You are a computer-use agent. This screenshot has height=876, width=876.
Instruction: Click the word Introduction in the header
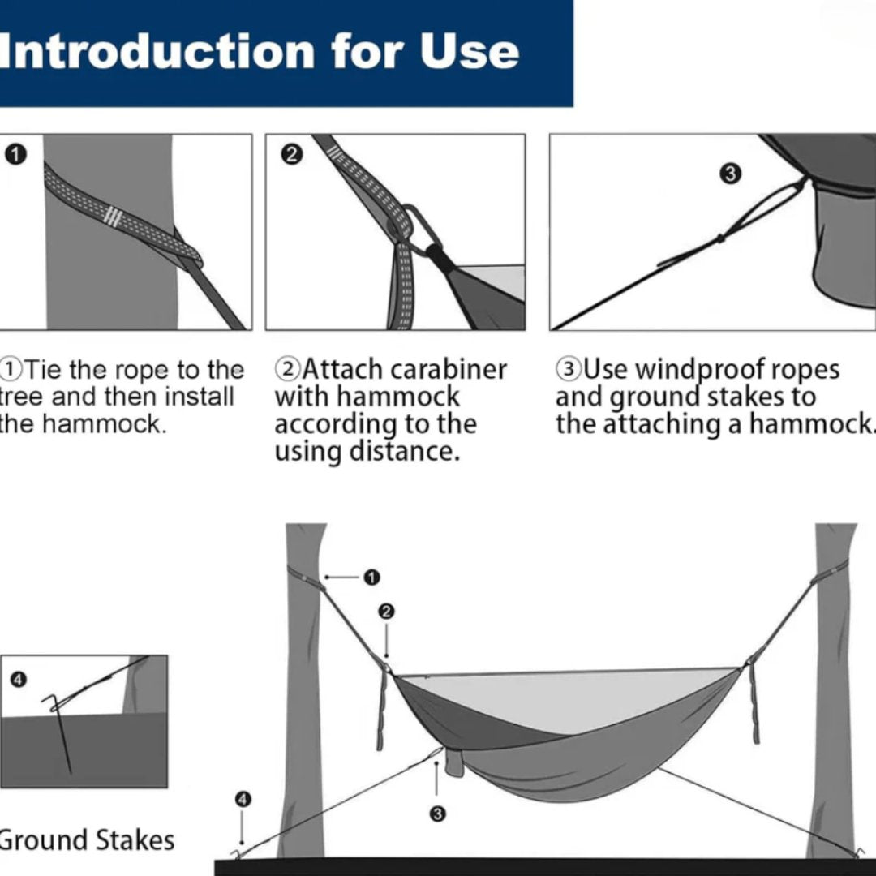coord(157,51)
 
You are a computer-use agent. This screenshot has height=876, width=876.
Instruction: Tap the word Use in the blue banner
coord(470,51)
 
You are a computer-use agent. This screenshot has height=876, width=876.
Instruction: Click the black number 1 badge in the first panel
coord(16,154)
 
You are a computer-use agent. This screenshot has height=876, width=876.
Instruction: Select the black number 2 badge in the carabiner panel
coord(291,154)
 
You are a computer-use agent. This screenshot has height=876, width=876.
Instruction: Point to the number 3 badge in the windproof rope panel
coord(730,174)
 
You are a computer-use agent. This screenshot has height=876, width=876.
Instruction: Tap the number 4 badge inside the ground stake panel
coord(19,680)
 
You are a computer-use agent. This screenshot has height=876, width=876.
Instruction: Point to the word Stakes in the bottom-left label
coord(135,840)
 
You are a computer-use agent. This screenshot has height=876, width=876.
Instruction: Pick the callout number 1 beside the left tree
coord(371,578)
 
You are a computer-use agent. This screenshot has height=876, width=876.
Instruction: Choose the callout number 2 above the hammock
coord(386,612)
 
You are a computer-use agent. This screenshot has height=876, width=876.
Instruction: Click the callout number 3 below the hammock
coord(437,814)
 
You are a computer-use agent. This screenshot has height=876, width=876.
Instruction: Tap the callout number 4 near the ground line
coord(243,800)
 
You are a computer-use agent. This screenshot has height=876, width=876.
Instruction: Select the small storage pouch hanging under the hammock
coord(454,762)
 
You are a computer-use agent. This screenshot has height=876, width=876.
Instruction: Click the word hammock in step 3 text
coord(810,424)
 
